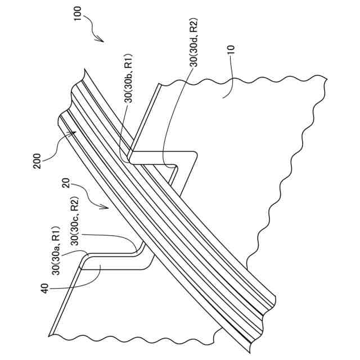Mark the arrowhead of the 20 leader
107,208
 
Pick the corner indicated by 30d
174,167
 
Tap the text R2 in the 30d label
195,26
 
